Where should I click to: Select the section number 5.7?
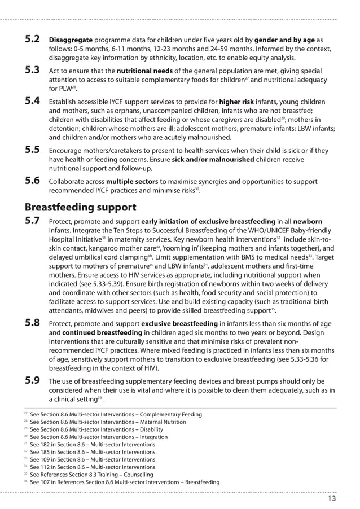[x=32, y=221]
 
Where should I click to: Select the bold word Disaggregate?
[x=71, y=41]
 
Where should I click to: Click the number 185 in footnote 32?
[x=47, y=452]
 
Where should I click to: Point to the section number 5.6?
[x=32, y=181]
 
